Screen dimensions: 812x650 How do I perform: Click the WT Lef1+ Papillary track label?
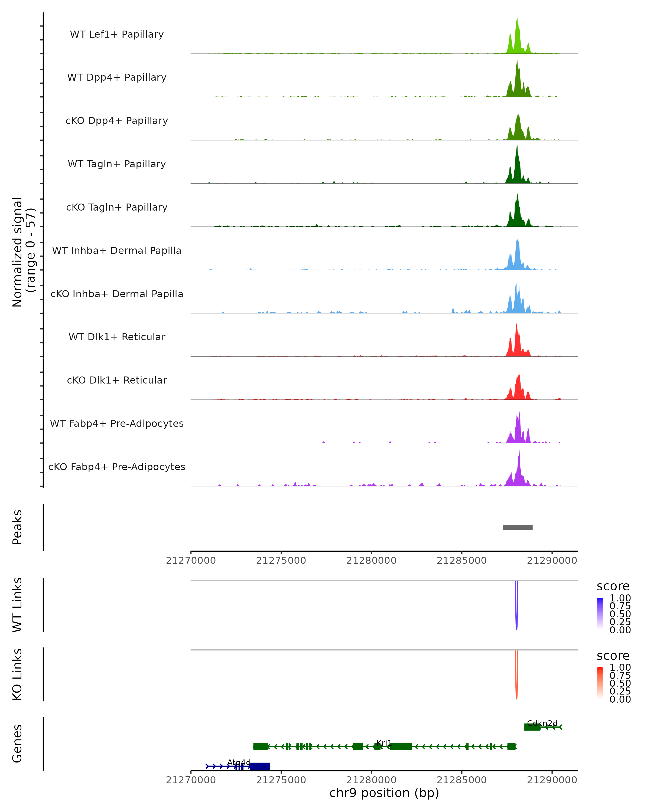(117, 34)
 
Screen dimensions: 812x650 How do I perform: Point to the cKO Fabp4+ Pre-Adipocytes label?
(117, 467)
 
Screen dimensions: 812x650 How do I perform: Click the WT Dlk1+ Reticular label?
(117, 337)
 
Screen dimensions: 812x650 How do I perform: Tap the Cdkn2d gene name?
(542, 723)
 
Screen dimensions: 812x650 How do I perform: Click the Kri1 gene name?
(384, 743)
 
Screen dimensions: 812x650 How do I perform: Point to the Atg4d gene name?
(239, 762)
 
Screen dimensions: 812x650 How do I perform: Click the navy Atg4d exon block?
(260, 766)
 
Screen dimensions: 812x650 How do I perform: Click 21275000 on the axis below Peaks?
(281, 561)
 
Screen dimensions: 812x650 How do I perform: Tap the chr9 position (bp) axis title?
(384, 793)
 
